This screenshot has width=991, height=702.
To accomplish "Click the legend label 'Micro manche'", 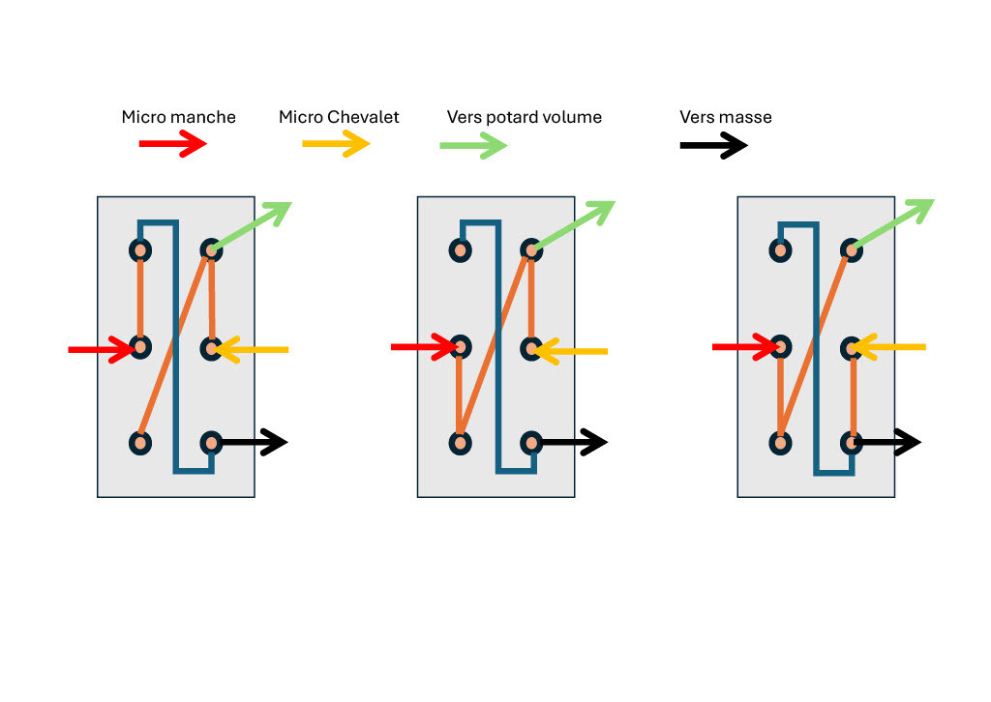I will click(178, 117).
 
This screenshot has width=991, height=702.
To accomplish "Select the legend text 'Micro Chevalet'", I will click(339, 117).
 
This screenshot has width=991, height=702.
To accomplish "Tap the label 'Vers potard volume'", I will click(524, 117).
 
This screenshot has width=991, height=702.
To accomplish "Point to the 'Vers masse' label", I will click(725, 117).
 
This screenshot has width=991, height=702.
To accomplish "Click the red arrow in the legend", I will click(173, 144).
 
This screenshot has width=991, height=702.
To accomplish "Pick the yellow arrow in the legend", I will click(336, 144).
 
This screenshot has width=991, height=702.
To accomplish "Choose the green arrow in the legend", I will click(473, 146).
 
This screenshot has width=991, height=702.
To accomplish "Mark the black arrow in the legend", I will click(713, 146).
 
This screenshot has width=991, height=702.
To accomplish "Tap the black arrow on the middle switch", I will click(571, 443).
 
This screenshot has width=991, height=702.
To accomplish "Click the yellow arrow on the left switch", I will click(252, 349).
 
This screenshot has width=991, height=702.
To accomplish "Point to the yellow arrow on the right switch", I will click(890, 347).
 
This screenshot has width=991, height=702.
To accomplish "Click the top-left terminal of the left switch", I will click(140, 251).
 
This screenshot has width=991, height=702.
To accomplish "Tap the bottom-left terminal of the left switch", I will click(140, 443).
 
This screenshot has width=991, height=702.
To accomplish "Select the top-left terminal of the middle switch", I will click(461, 251).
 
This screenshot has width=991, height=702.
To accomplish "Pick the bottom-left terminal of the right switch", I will click(780, 443).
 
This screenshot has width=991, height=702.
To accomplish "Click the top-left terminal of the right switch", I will click(780, 251).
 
